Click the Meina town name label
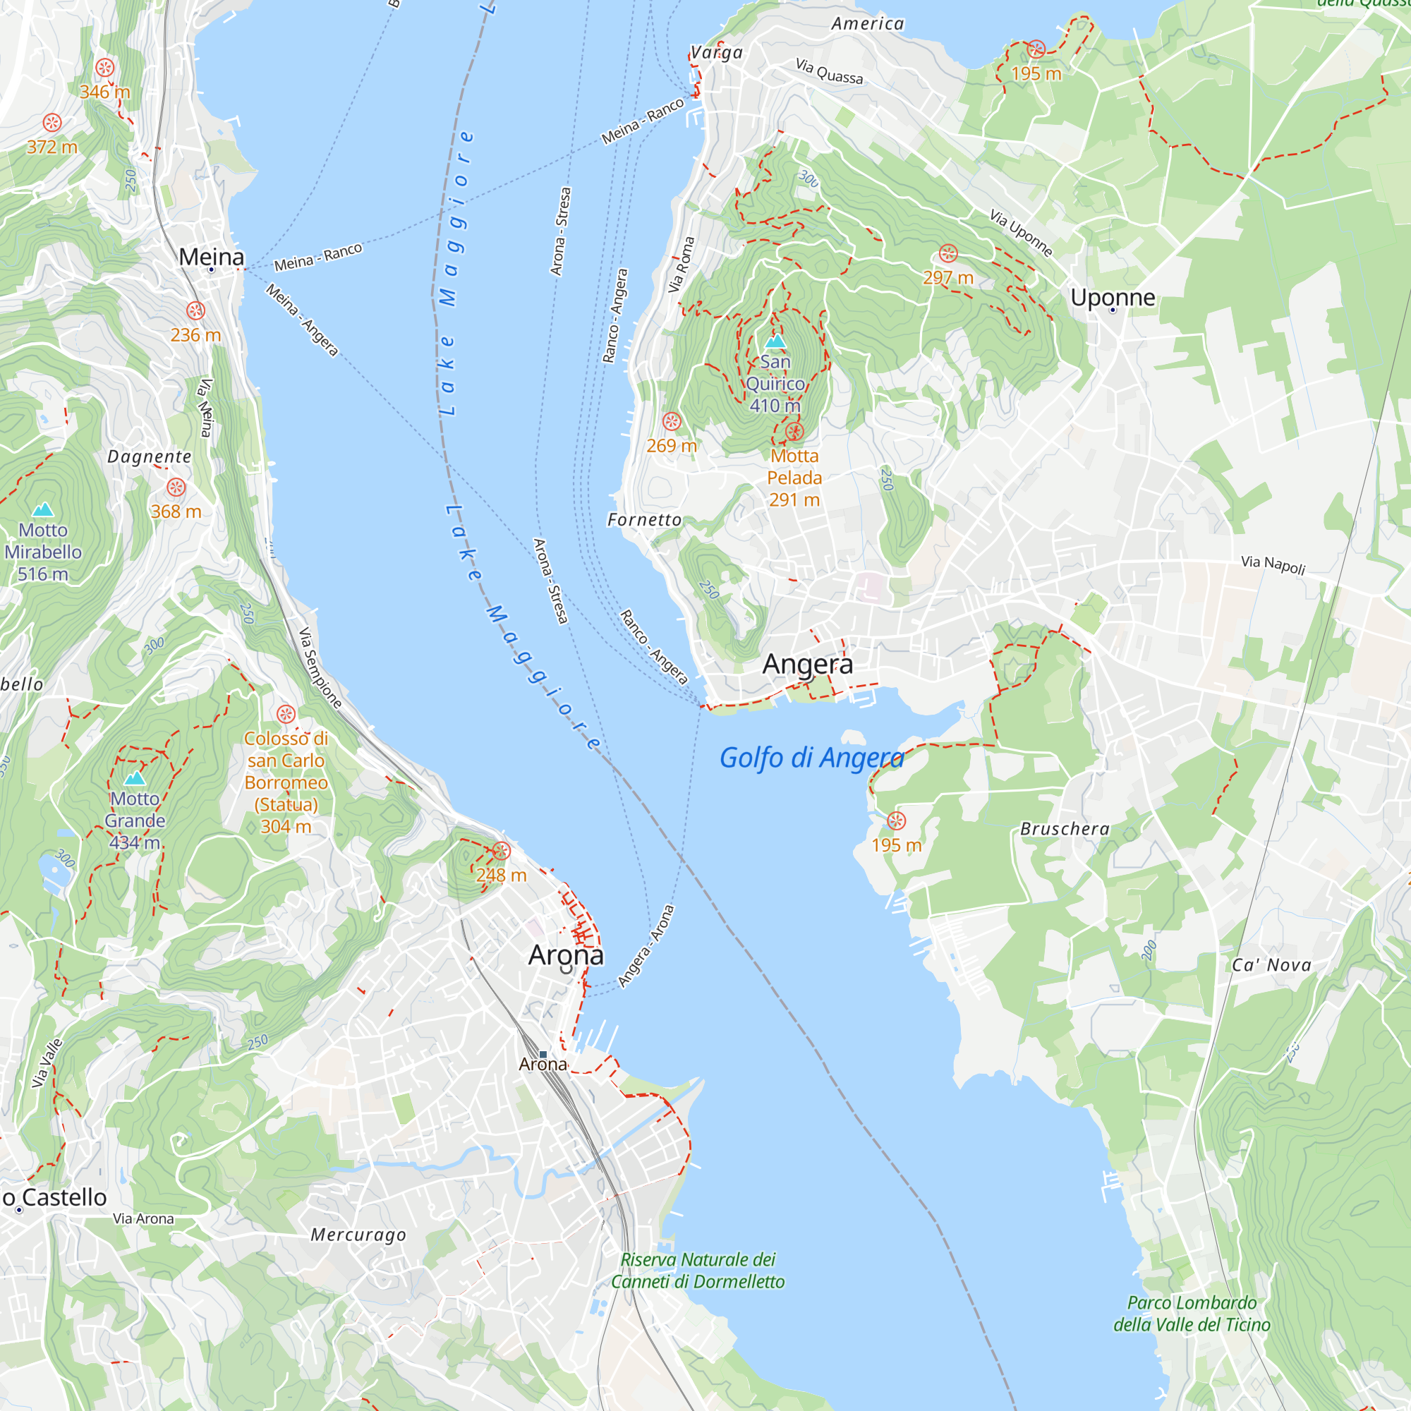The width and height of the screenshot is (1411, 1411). (x=211, y=257)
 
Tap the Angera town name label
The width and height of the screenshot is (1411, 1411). (x=807, y=664)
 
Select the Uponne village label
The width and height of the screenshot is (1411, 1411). (x=1113, y=297)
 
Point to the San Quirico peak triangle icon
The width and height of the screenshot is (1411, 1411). (x=775, y=341)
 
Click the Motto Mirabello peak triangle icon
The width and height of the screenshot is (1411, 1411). (x=43, y=509)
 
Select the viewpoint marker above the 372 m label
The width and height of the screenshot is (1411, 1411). (x=52, y=123)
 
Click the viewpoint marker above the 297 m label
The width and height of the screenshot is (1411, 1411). (x=948, y=253)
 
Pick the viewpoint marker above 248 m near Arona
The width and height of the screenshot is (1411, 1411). (x=501, y=851)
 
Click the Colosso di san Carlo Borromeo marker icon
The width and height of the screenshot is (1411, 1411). (x=286, y=713)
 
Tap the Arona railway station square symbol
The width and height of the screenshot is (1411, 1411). (x=543, y=1054)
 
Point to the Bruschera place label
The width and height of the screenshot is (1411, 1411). (x=1065, y=829)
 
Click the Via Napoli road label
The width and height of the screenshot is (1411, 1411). (x=1273, y=564)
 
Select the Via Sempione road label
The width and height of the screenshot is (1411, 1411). (x=320, y=667)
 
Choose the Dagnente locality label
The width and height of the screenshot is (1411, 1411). (x=149, y=456)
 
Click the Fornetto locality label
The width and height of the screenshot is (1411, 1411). (x=644, y=519)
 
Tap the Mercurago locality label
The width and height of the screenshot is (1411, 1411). (x=358, y=1235)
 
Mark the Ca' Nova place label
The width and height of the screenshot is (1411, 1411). (x=1271, y=964)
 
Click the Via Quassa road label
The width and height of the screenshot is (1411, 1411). (x=829, y=71)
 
